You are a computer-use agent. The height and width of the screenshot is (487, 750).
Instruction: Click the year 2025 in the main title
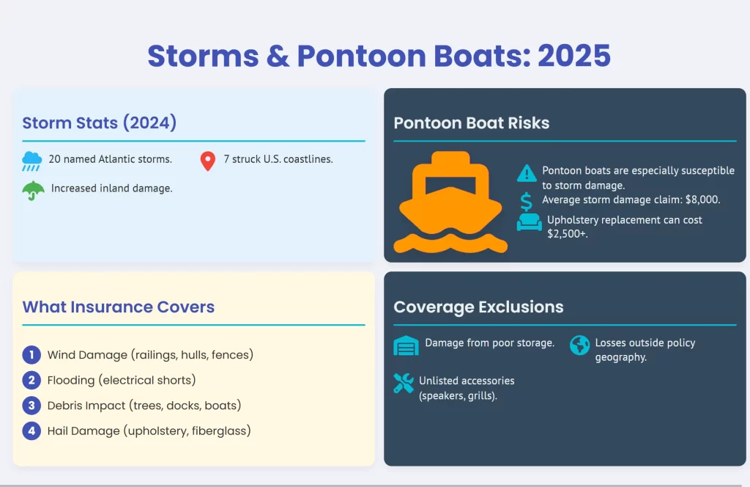pos(574,56)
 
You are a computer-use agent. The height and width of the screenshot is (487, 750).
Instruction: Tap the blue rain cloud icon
pos(31,161)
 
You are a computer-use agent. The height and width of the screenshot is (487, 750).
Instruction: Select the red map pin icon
pos(207,161)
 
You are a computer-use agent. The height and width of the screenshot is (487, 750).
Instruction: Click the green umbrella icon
pos(33,191)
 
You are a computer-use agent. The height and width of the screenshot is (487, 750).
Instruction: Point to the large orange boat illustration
pos(450,202)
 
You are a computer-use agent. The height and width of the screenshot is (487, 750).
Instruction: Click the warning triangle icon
pos(527,173)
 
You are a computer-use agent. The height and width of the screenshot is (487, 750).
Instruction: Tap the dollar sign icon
pos(526,202)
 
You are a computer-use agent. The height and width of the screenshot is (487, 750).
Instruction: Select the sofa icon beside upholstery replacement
pos(529,221)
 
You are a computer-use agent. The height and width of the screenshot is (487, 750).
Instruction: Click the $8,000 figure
pos(702,199)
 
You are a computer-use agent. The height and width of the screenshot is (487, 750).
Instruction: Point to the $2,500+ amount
pos(568,234)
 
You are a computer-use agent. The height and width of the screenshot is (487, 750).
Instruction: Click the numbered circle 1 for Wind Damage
pos(31,355)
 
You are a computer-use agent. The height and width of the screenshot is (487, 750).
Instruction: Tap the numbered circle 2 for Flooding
pos(31,380)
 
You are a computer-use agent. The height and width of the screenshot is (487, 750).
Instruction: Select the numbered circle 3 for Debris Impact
pos(31,406)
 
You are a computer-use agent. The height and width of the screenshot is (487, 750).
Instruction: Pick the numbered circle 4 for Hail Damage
pos(31,431)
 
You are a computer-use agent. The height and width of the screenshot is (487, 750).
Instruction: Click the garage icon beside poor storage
pos(406,345)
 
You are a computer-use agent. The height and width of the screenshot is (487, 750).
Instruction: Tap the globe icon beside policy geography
pos(580,345)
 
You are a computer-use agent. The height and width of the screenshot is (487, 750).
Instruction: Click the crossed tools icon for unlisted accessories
pos(404,383)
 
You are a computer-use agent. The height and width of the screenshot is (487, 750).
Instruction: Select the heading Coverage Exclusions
pos(478,307)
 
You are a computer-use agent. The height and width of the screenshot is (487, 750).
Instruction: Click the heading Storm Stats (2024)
pos(100,122)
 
